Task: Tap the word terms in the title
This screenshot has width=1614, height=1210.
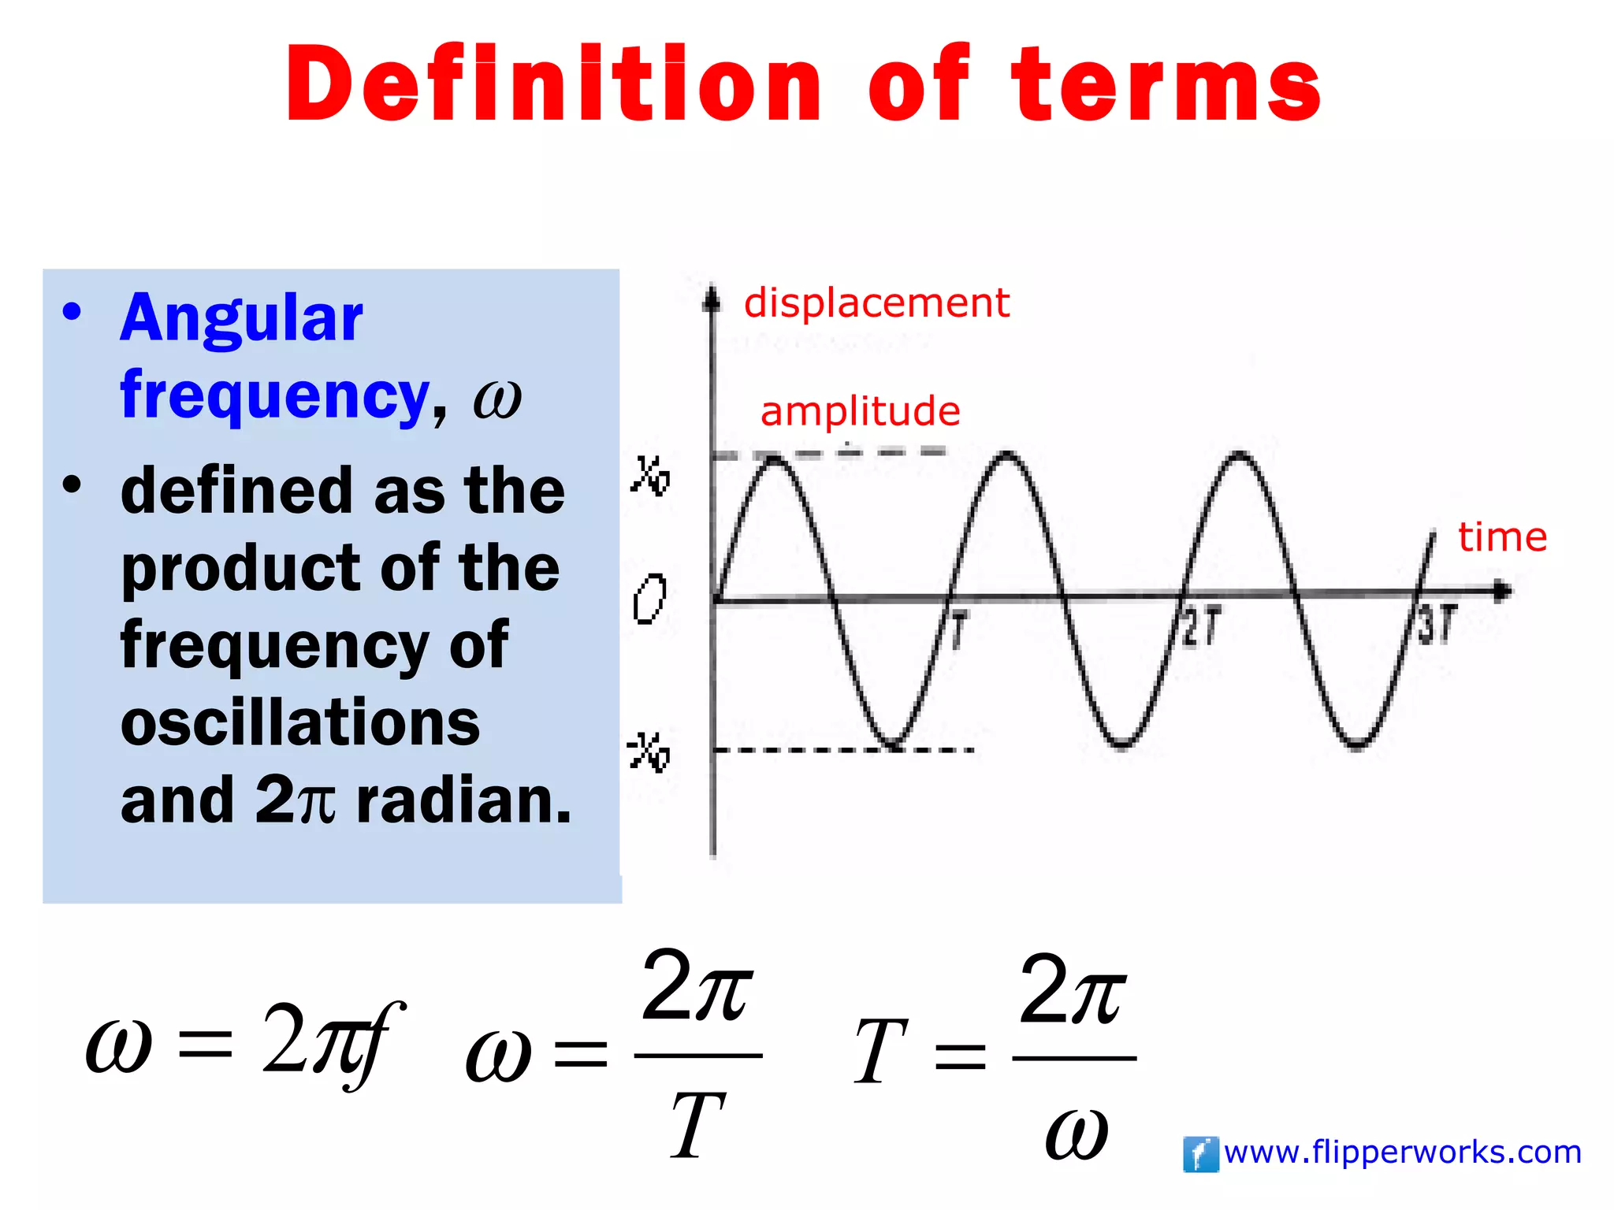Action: [1166, 84]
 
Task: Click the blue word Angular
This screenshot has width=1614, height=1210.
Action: [241, 317]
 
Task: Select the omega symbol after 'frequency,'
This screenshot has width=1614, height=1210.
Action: [497, 399]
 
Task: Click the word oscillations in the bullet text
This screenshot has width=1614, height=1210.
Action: [300, 722]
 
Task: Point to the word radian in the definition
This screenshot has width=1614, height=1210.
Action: [463, 800]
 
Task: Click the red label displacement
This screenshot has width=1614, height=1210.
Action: [876, 303]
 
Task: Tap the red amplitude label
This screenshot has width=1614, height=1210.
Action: [860, 411]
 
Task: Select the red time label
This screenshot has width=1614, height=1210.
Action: [1502, 537]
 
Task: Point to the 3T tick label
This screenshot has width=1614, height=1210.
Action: [1437, 625]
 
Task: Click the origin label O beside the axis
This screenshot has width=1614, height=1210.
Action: [650, 599]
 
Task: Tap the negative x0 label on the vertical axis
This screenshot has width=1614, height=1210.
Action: [649, 752]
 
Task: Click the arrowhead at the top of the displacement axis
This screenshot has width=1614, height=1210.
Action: [712, 299]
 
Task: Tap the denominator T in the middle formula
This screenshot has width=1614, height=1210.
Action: [697, 1126]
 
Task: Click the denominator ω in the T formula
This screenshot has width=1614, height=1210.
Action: [1076, 1134]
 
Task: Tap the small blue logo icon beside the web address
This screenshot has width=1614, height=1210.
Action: [1200, 1155]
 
